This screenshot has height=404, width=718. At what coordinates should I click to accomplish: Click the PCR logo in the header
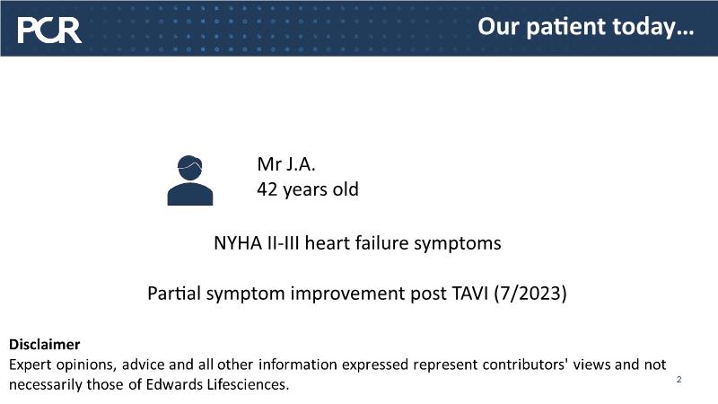pos(49,31)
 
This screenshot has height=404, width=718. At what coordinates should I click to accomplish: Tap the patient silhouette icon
pos(190,180)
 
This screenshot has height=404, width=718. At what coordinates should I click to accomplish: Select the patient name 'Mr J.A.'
pos(286,164)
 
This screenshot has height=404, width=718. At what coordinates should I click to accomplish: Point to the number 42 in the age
pos(267,189)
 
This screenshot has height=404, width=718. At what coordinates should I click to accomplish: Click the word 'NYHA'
pos(238,242)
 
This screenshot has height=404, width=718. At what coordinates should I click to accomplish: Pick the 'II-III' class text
pos(283,242)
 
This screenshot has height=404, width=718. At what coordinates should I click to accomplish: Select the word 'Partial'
pos(174,294)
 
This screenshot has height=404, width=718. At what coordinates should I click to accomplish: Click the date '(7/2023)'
pos(530,294)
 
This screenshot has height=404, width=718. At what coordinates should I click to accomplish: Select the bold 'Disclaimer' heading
pos(44,345)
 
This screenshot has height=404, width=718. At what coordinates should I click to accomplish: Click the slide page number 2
pos(679,379)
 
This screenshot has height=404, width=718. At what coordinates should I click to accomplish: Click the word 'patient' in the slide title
pos(565,28)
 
